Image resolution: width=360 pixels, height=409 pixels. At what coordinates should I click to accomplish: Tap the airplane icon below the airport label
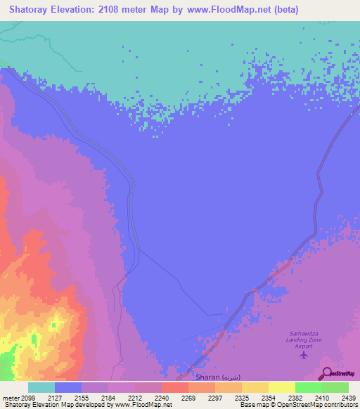pos(304,353)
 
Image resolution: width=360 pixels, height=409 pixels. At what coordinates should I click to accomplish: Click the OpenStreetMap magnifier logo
pos(326,373)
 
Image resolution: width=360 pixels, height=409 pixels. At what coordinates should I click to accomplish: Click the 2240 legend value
pos(162,397)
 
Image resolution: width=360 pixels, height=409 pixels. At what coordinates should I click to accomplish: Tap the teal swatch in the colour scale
pos(41,387)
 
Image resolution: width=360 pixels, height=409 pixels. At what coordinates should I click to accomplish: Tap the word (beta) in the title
pos(285,10)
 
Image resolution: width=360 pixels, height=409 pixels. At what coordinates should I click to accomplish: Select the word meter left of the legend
pos(11,397)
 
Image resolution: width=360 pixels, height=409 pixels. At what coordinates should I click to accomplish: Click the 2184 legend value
pos(108,397)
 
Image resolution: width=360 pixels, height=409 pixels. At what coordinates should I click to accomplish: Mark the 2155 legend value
pos(82,397)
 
